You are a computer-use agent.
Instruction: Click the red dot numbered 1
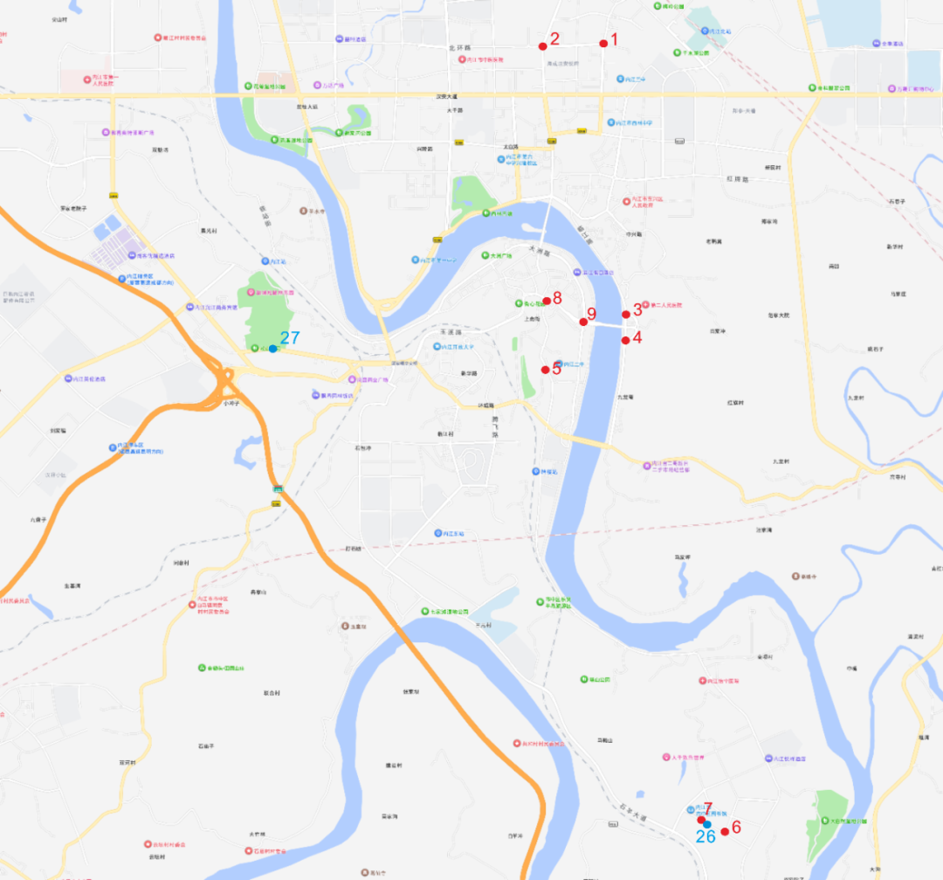602,44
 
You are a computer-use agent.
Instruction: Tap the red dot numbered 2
542,45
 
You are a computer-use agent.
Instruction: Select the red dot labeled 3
625,315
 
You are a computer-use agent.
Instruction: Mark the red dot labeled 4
625,340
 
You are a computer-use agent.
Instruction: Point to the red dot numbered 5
546,370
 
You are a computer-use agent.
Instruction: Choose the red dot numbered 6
725,831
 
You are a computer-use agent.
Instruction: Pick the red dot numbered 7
701,820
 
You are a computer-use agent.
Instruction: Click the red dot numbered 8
547,301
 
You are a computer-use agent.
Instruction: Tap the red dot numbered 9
583,322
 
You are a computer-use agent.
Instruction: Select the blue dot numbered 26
707,825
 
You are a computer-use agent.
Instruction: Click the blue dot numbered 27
272,349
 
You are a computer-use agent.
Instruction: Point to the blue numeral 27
290,338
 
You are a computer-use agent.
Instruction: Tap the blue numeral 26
705,836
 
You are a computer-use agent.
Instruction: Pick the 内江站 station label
278,261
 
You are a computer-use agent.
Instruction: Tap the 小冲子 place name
231,403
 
